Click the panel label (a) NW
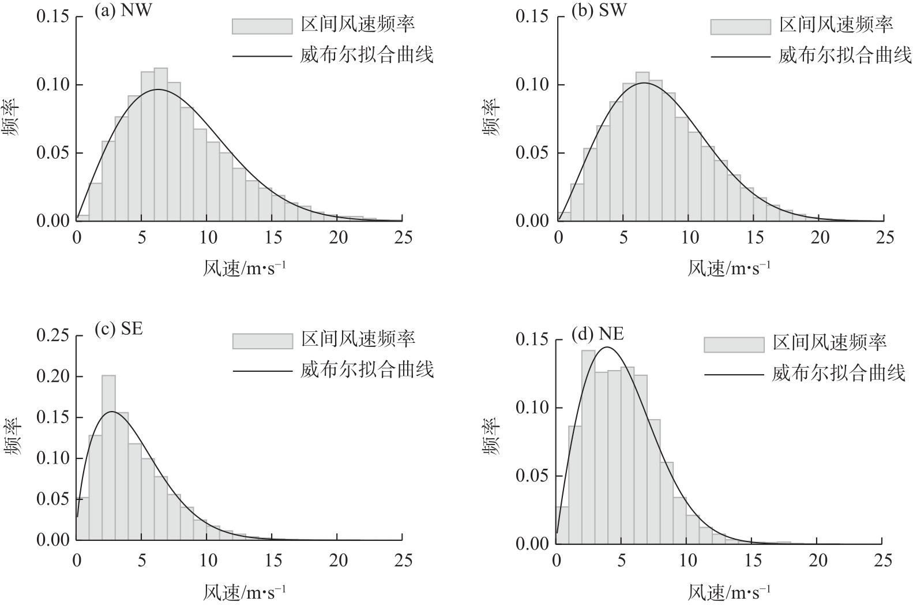[x=122, y=12]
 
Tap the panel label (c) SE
[x=118, y=329]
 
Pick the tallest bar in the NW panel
[x=160, y=144]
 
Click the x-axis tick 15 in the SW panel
[x=754, y=237]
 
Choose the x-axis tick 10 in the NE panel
[x=686, y=560]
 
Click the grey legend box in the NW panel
[x=262, y=26]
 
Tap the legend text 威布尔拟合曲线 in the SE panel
[x=367, y=369]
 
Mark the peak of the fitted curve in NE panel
[x=607, y=347]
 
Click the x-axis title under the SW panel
[x=728, y=268]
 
